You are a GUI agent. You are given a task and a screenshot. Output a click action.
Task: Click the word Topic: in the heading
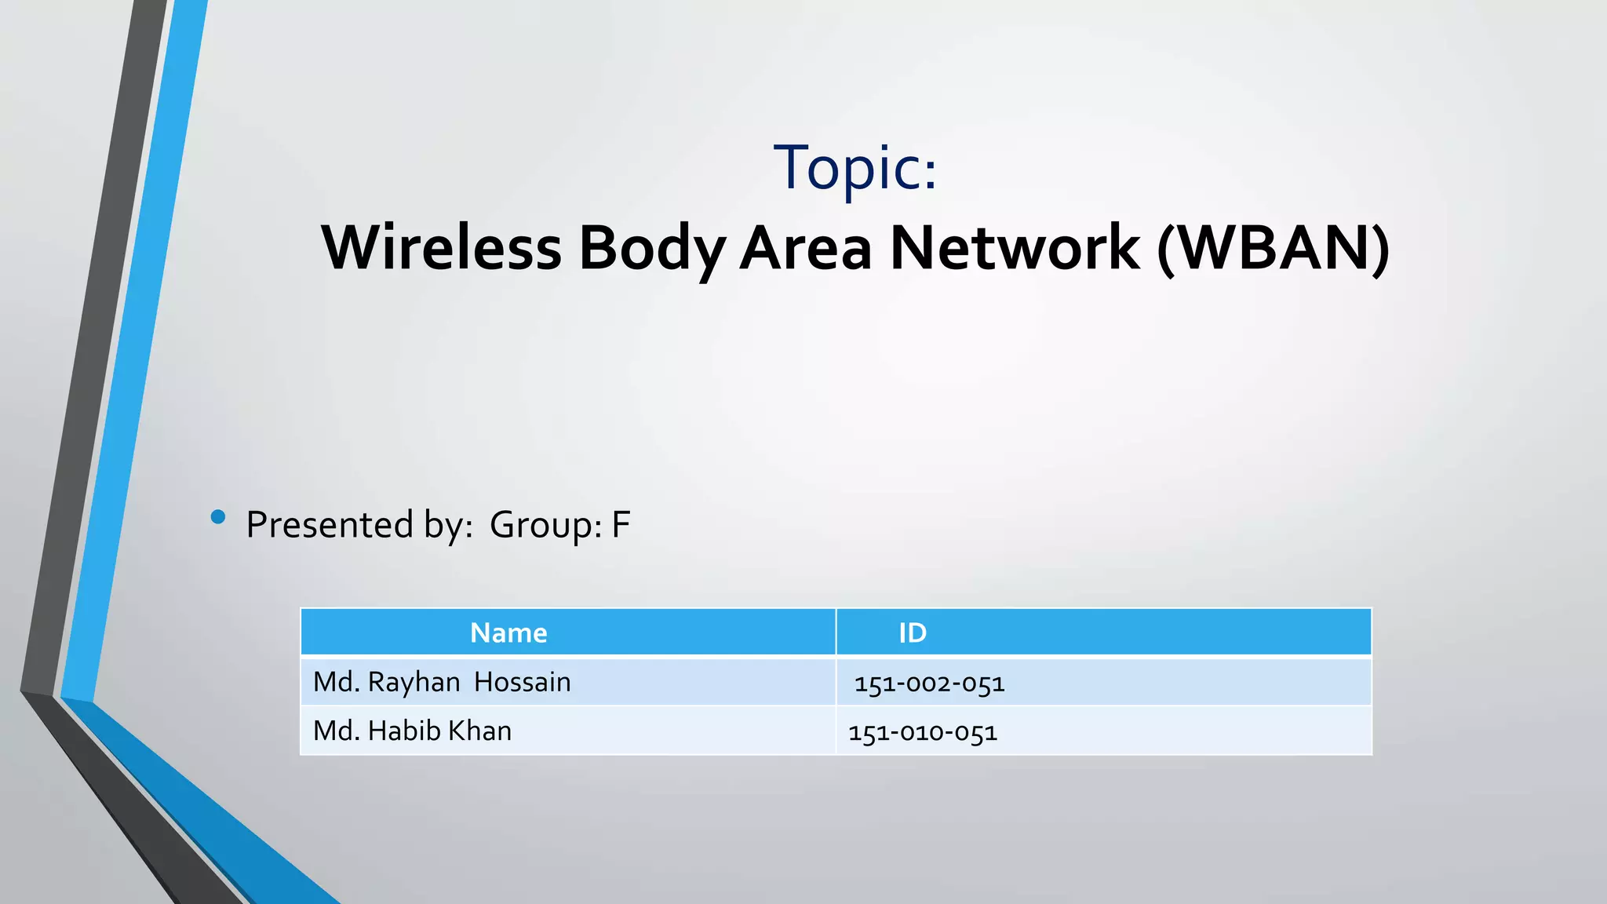point(855,168)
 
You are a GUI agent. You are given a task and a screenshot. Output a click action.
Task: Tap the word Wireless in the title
point(442,248)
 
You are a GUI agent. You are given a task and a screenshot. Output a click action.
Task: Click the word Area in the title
point(806,248)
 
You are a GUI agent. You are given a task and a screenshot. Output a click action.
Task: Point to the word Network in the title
point(1014,248)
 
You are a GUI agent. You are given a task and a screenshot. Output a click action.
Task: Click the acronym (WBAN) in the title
point(1273,248)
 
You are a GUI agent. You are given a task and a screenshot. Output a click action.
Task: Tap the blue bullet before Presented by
point(218,517)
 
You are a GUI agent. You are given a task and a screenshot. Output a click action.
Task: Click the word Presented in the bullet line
point(330,524)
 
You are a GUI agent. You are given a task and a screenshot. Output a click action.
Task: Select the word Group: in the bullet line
point(545,524)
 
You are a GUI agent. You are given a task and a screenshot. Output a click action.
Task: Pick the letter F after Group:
point(621,524)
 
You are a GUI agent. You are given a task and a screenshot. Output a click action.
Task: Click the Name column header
point(508,632)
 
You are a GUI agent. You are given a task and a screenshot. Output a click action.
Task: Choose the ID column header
point(913,632)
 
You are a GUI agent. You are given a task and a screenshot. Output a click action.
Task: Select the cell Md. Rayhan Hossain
point(442,682)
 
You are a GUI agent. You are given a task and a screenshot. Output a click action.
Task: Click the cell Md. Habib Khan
point(412,731)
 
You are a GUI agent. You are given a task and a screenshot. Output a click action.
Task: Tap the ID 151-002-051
point(930,683)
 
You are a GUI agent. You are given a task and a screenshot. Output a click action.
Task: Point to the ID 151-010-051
point(923,732)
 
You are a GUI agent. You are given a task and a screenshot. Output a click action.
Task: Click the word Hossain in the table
point(522,682)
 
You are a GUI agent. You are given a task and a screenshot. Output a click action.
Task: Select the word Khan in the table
point(479,731)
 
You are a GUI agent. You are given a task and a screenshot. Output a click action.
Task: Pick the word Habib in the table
point(404,731)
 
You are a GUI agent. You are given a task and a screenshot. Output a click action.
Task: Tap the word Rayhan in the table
point(414,682)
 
